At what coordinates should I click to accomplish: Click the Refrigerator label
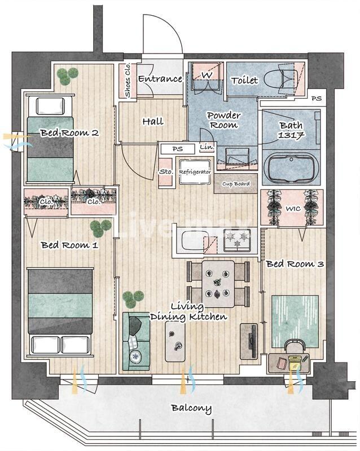[195, 172]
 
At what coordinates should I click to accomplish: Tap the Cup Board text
[236, 184]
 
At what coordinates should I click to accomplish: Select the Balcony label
[191, 408]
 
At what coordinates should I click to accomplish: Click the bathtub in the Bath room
[291, 168]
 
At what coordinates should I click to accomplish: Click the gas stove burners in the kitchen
[238, 240]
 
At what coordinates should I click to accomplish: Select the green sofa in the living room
[136, 341]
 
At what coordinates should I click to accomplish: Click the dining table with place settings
[218, 284]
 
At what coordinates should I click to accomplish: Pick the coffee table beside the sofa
[175, 342]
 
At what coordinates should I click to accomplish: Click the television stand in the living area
[249, 342]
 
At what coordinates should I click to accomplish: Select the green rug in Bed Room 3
[295, 321]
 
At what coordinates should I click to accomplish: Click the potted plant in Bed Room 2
[67, 76]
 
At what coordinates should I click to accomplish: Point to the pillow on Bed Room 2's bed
[50, 106]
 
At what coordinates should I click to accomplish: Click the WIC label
[293, 208]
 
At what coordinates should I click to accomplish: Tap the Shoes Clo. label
[128, 80]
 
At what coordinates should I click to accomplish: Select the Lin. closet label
[207, 147]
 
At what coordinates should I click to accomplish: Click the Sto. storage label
[166, 172]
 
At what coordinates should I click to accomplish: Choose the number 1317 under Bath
[291, 135]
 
